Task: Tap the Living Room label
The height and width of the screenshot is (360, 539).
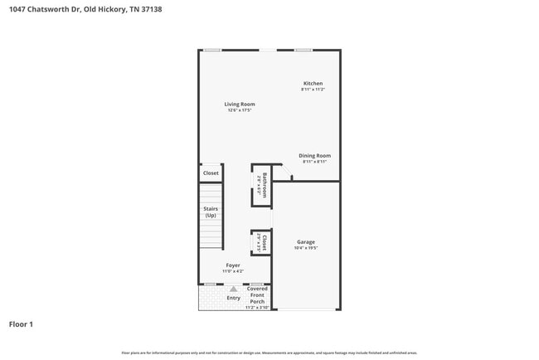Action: click(x=240, y=104)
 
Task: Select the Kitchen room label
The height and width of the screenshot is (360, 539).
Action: click(x=313, y=83)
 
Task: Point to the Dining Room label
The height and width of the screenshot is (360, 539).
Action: click(x=315, y=155)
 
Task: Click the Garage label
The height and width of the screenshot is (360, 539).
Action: click(x=306, y=241)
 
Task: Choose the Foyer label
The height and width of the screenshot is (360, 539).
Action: click(x=233, y=265)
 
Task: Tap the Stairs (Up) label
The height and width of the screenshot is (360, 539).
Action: click(x=211, y=212)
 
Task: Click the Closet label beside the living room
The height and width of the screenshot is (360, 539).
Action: click(x=211, y=173)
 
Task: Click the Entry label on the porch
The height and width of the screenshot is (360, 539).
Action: click(x=233, y=298)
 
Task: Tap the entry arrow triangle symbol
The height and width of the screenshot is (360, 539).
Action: click(x=234, y=289)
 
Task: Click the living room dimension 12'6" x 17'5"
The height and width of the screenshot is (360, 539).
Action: click(x=240, y=110)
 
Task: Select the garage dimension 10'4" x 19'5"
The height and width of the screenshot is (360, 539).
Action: click(x=306, y=248)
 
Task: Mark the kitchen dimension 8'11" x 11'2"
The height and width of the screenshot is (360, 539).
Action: click(x=313, y=90)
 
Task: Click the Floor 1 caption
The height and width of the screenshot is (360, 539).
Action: click(x=21, y=324)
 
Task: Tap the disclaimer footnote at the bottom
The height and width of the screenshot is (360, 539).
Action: click(x=269, y=353)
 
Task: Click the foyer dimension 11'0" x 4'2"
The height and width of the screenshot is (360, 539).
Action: click(x=233, y=271)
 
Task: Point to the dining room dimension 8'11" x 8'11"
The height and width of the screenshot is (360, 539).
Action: click(x=315, y=162)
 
